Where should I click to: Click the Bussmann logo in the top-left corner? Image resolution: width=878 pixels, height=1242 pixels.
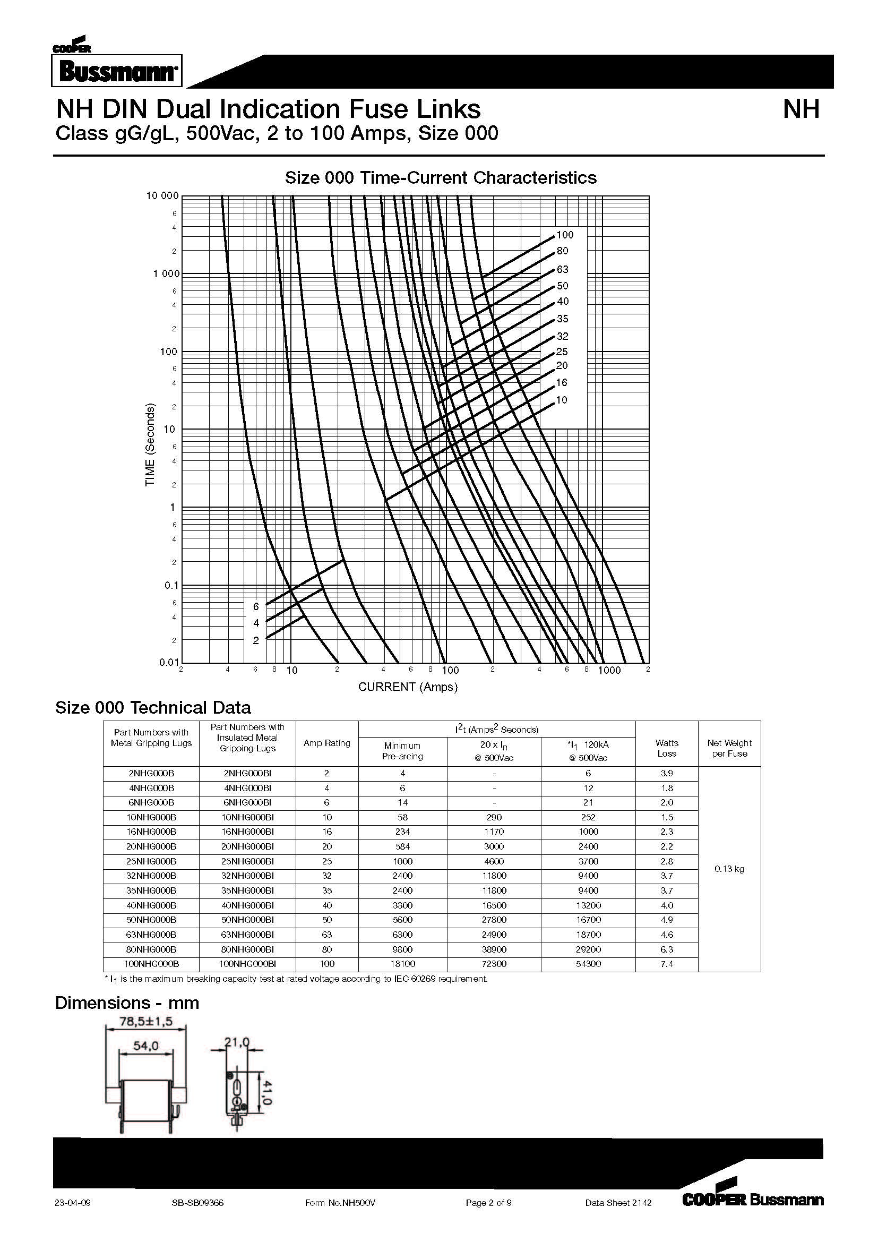[117, 70]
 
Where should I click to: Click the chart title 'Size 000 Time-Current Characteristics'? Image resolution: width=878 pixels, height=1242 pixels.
[441, 177]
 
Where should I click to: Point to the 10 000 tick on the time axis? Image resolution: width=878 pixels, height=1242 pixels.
[162, 196]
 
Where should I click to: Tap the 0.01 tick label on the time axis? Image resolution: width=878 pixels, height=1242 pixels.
[169, 662]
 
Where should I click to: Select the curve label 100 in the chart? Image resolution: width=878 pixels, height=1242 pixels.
[565, 235]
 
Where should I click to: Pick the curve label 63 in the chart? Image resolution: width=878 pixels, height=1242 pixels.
[563, 269]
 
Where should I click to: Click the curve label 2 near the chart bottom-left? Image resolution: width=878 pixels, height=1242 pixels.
[256, 640]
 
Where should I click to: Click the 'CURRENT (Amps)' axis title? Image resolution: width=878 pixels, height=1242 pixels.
[408, 687]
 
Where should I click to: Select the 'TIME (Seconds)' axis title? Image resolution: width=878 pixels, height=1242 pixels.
[150, 444]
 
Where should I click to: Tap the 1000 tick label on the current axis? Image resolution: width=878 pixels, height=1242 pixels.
[609, 671]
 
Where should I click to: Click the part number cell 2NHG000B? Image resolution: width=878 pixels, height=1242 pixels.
[151, 774]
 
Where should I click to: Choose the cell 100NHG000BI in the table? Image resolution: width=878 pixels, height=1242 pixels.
[247, 964]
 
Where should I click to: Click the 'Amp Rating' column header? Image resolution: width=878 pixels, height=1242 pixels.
[326, 743]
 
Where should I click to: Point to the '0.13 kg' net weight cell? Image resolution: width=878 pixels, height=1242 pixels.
[729, 869]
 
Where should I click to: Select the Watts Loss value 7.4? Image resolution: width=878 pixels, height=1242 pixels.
[667, 964]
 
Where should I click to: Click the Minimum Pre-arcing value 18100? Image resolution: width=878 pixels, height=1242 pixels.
[402, 964]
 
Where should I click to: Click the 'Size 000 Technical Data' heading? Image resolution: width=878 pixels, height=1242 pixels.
[153, 707]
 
